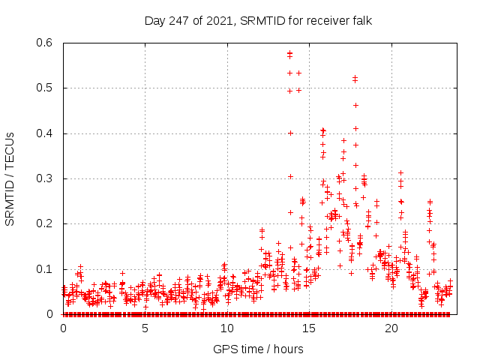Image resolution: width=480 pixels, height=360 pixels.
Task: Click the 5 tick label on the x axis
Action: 145,328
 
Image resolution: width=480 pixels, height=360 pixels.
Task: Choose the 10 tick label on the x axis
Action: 226,328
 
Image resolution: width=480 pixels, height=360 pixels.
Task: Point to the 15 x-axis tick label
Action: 308,328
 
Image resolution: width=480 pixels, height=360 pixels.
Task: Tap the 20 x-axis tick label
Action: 390,328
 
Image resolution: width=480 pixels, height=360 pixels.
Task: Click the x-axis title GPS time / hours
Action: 258,349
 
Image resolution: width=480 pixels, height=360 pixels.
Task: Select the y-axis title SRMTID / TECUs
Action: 10,178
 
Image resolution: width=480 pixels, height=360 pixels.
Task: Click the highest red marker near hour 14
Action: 289,52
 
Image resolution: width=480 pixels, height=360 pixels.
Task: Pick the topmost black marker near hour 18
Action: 355,77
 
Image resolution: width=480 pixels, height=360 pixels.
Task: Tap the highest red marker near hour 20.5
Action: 400,172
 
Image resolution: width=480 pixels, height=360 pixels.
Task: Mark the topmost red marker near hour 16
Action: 322,130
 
